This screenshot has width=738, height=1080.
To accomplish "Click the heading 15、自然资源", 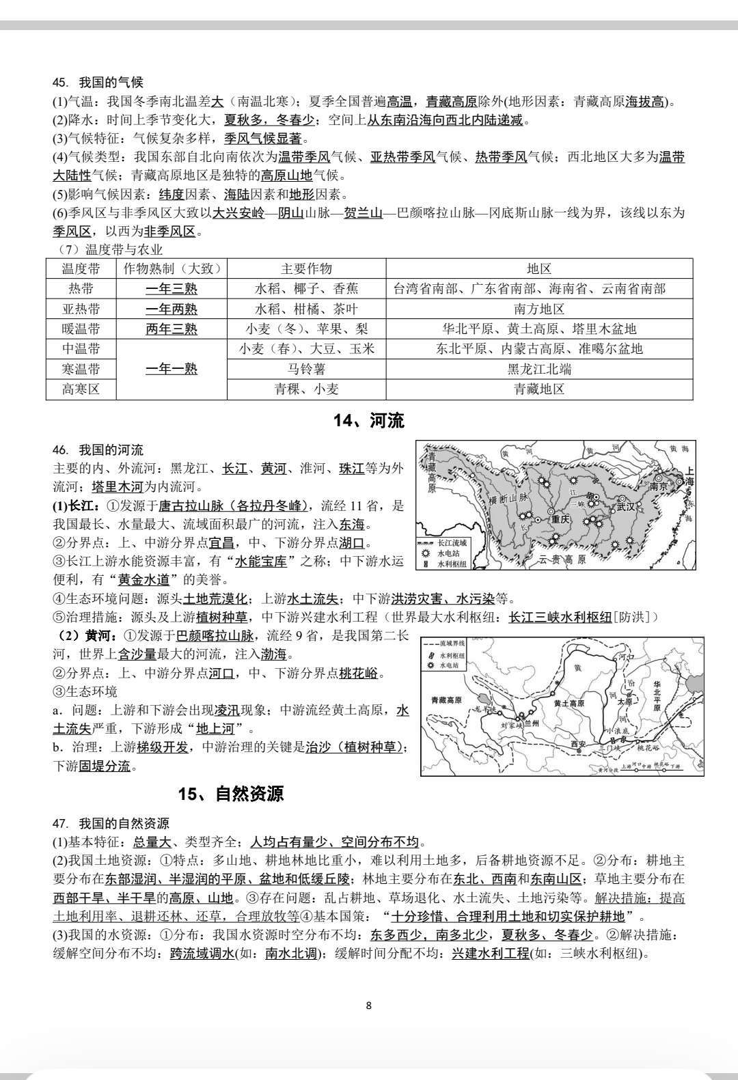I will point(230,793).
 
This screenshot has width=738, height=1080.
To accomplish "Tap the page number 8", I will point(369,1005).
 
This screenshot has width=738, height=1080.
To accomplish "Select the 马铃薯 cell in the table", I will point(305,369).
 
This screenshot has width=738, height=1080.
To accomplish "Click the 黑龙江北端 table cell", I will point(538,369).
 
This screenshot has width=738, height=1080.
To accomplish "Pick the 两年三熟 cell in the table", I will point(171,329).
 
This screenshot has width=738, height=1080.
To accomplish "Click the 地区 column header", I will point(538,268).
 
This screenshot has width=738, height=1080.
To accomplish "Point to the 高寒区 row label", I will point(81,389).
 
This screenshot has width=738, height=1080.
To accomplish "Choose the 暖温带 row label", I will point(81,329).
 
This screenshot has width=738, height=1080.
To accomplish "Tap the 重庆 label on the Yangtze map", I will point(560,518).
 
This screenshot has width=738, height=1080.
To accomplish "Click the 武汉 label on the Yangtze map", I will point(625,507).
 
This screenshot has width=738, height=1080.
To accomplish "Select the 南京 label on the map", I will point(658,487).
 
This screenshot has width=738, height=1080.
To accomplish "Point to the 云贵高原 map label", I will point(562,559).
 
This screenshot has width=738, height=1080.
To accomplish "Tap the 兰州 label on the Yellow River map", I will point(530,723).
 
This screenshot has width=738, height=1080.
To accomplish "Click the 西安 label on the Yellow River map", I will point(579,744).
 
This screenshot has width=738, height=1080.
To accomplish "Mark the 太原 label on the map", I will point(624,701).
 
